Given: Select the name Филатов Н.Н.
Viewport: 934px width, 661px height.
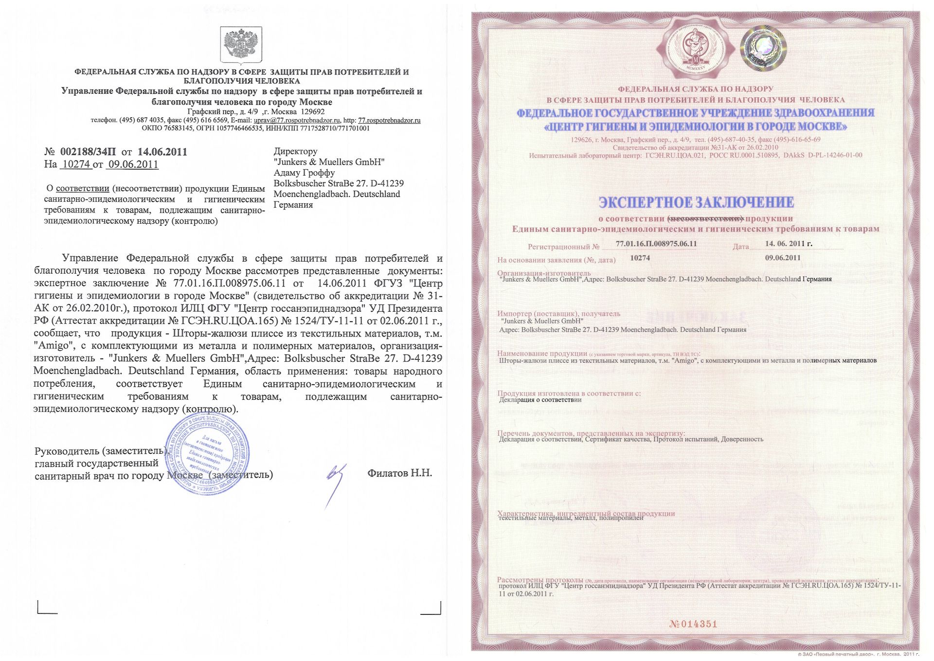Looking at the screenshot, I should (x=399, y=473).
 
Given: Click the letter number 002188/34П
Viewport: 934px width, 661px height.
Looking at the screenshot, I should (x=88, y=152).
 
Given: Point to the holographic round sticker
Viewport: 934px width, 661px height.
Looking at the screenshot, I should (x=763, y=48).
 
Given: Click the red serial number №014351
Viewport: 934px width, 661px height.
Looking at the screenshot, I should (x=693, y=624).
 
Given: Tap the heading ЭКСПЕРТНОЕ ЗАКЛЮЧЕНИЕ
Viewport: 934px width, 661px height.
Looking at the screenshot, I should (x=696, y=202).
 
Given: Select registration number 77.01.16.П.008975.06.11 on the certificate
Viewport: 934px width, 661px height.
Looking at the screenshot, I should (x=656, y=244).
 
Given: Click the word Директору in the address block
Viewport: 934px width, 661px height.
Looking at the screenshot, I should (x=295, y=151).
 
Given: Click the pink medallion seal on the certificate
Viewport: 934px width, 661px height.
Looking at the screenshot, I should (x=695, y=47).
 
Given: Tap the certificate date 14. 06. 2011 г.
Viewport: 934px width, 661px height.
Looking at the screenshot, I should (x=788, y=244).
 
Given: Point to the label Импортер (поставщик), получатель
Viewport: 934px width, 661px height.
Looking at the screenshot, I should (x=558, y=314).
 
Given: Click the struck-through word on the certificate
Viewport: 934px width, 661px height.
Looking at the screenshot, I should (x=706, y=218).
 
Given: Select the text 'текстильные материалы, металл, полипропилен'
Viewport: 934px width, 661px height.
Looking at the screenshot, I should (x=571, y=518).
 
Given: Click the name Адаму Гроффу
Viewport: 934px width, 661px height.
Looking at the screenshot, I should (x=304, y=173).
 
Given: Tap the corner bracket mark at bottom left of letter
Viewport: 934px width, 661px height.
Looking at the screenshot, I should (x=47, y=608).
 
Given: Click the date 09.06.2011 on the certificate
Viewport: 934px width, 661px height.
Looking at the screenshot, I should (x=782, y=258).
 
